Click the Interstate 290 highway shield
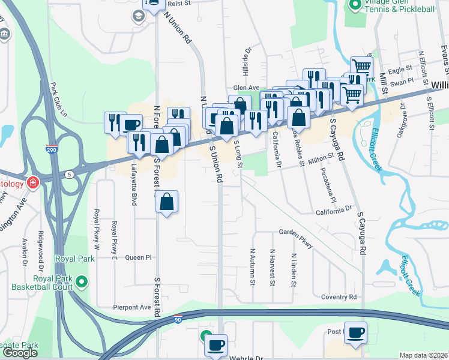(x=52, y=149)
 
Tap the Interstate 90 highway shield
(x=178, y=319)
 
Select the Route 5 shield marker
(x=70, y=174)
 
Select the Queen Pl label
(x=138, y=257)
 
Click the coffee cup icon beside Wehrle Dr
(x=216, y=345)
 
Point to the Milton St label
(x=321, y=158)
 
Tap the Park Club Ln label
(x=58, y=100)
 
